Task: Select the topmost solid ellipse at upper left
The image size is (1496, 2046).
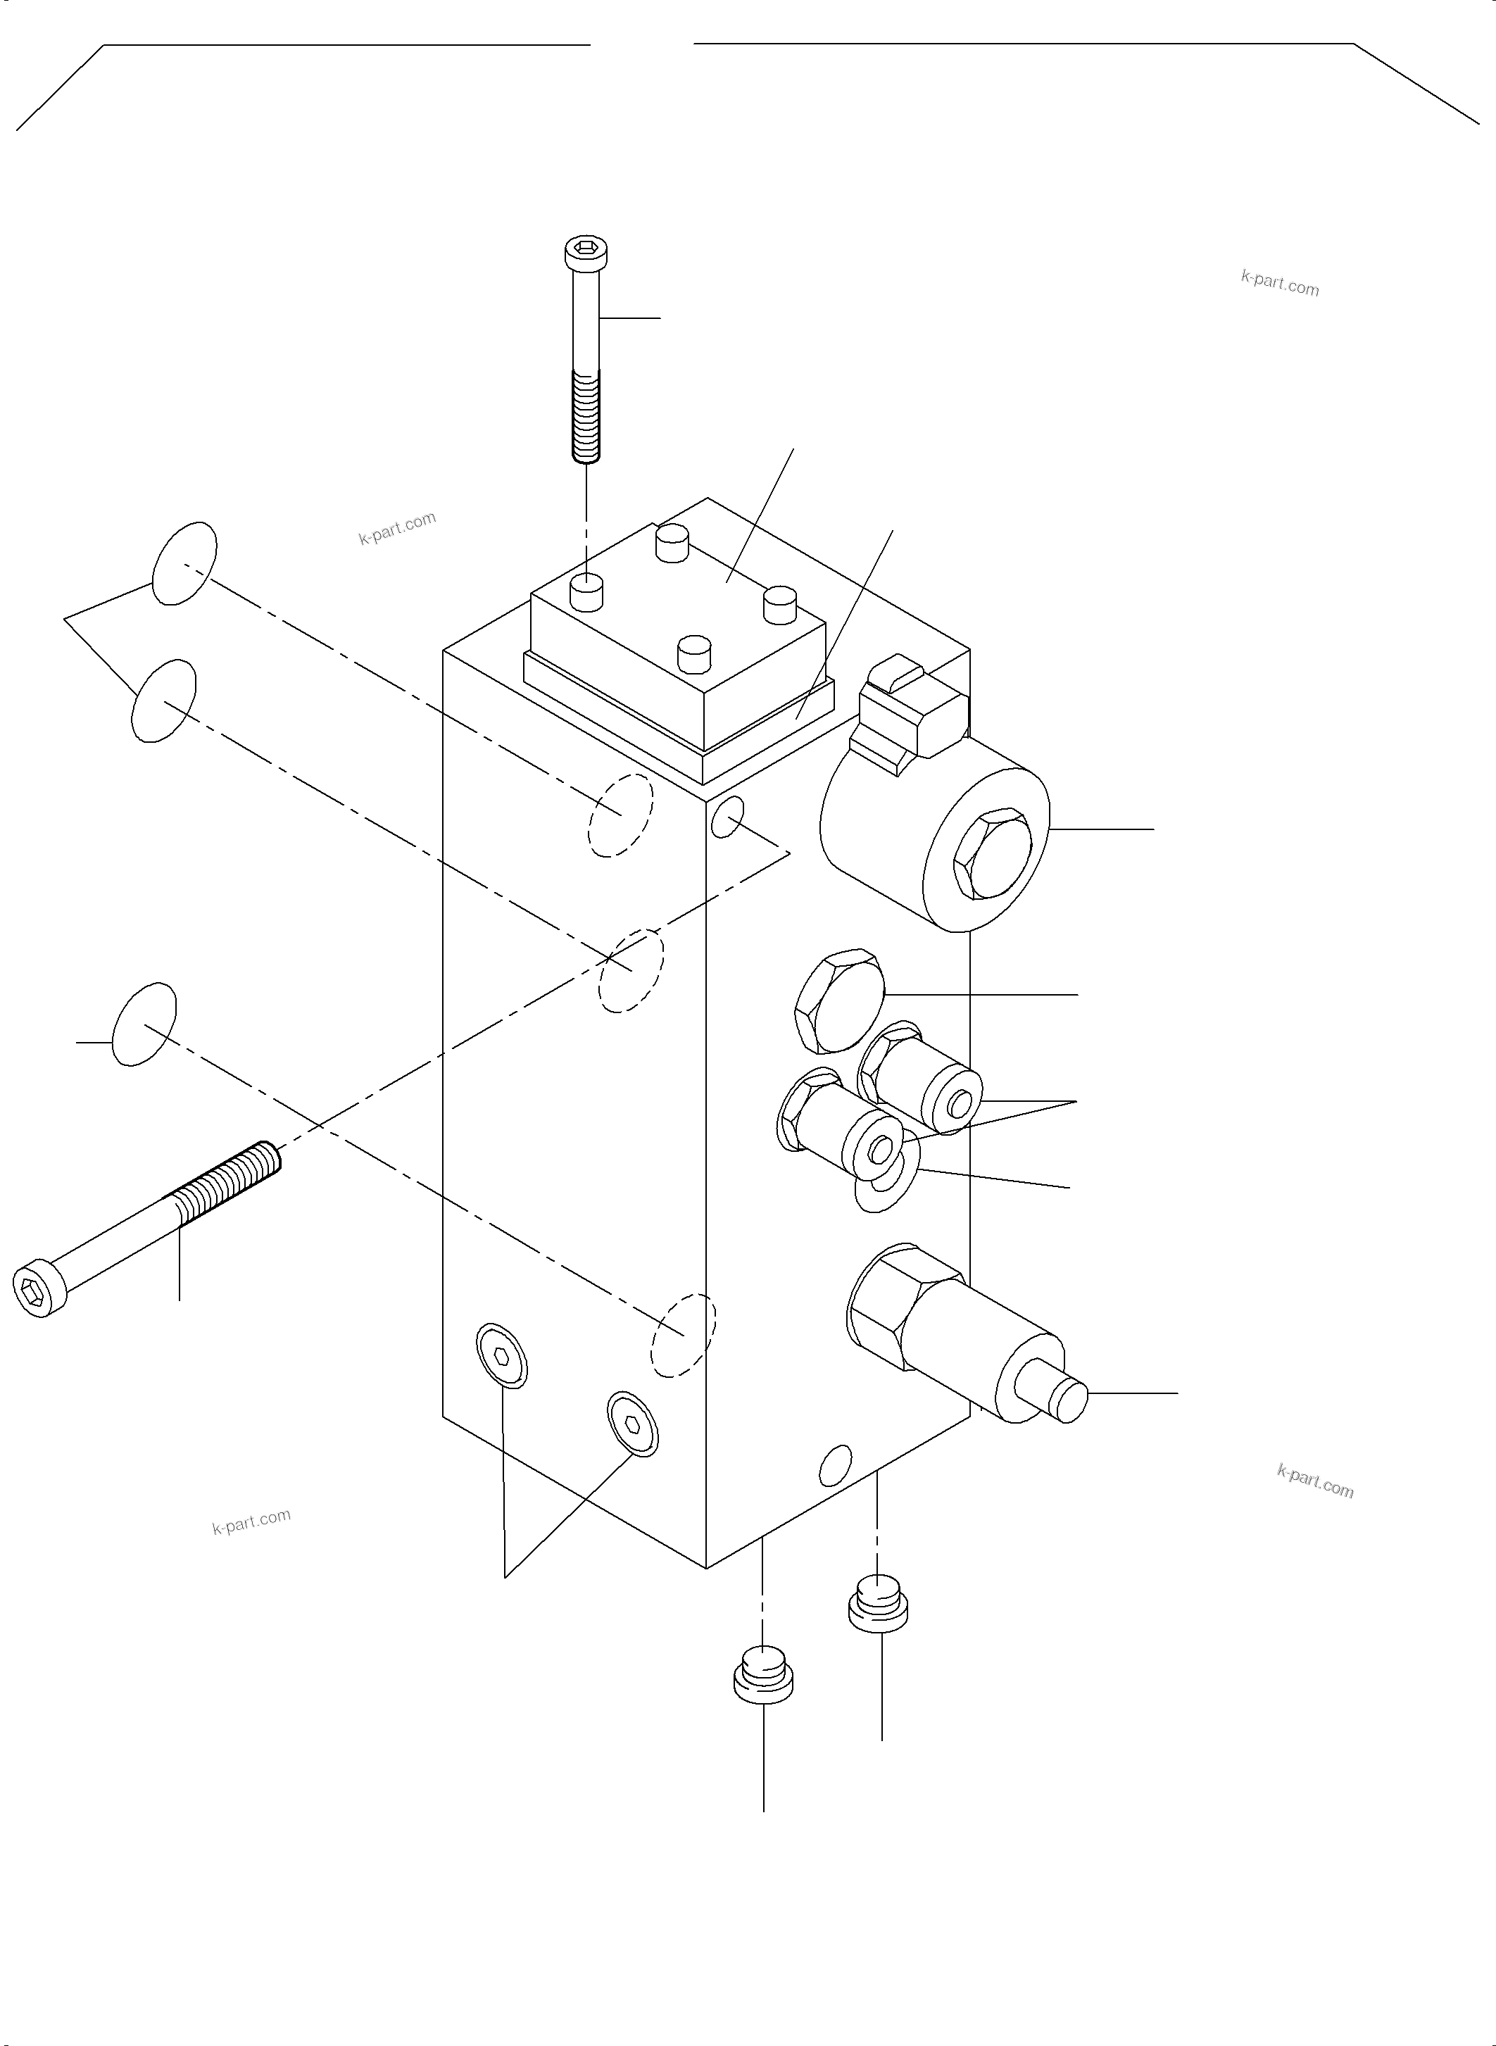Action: click(184, 563)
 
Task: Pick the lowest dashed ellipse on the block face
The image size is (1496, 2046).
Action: click(683, 1336)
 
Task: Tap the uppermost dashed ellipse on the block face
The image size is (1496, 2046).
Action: click(620, 815)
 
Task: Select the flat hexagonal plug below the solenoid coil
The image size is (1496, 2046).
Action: click(838, 1000)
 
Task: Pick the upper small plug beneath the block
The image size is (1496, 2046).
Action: click(877, 1602)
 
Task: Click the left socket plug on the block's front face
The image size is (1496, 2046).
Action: click(502, 1355)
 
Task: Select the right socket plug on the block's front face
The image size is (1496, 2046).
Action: click(633, 1424)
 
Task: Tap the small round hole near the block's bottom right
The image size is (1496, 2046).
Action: click(835, 1464)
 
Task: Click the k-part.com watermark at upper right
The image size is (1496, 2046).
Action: click(1280, 284)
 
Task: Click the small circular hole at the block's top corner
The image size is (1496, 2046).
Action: click(727, 816)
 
